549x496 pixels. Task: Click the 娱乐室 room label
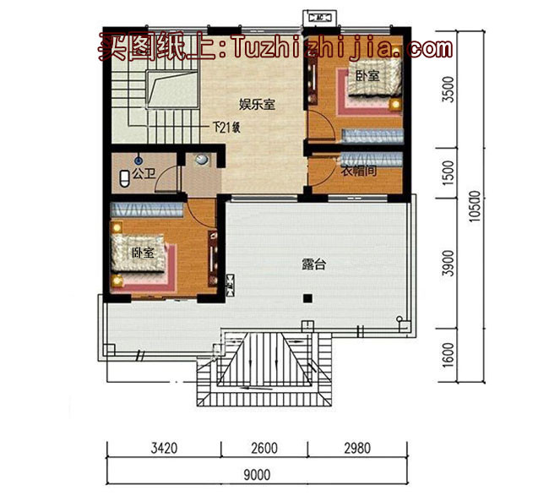tap(258, 105)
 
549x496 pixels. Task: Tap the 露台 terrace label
tap(313, 264)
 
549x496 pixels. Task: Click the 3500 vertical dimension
tap(448, 90)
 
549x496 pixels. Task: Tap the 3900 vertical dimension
tap(448, 264)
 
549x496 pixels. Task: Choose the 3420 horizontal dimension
tap(164, 449)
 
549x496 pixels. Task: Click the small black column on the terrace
tap(309, 297)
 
